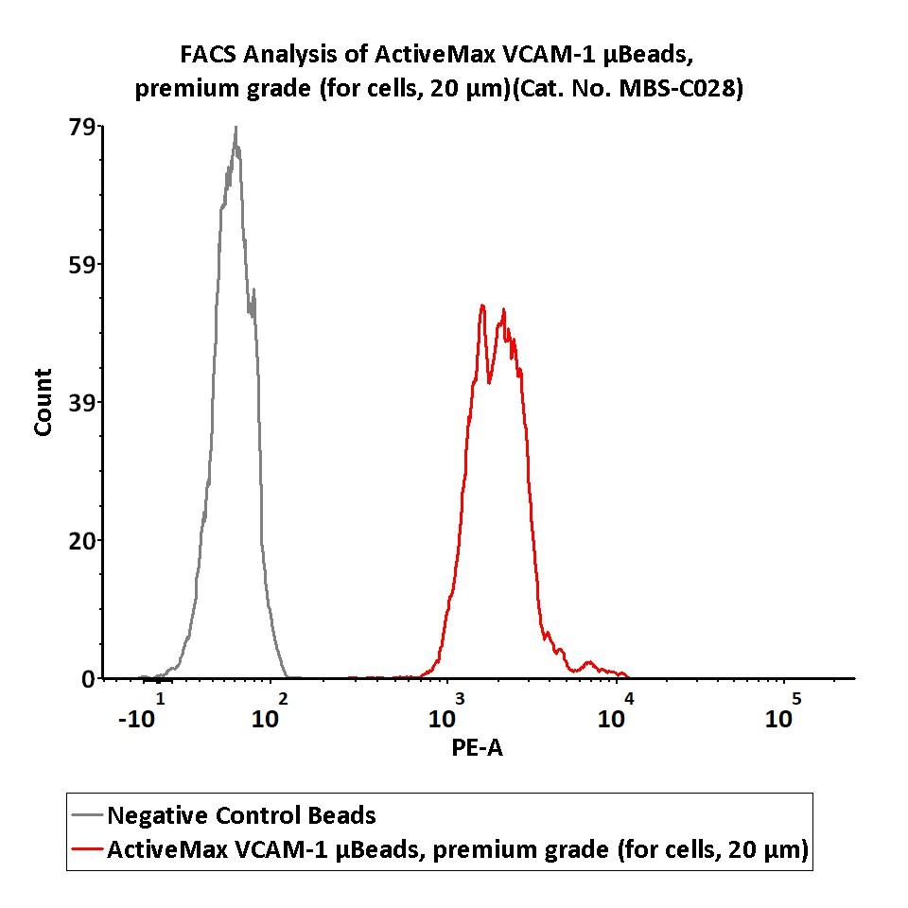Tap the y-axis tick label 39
point(81,403)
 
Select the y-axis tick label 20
point(81,541)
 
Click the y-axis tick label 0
point(87,679)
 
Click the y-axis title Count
point(43,402)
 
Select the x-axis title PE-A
point(478,749)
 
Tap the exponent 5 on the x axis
point(796,699)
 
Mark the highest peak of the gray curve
point(236,128)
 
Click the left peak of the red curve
point(482,306)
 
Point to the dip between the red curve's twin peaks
point(489,382)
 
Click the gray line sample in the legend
point(87,816)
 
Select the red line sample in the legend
point(87,850)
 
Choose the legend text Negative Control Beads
point(241,815)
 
